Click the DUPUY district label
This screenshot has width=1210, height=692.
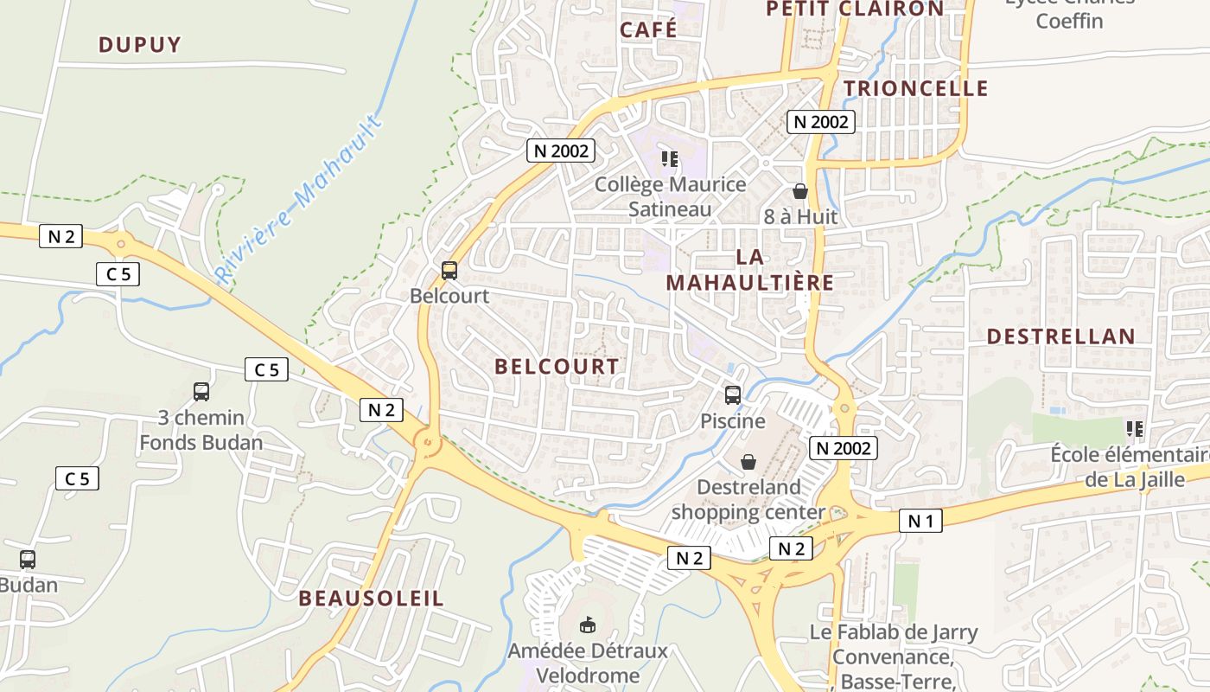[139, 45]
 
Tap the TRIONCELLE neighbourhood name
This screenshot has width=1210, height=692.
[915, 88]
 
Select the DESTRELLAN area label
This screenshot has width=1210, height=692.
[1060, 336]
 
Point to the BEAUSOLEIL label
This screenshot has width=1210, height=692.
[371, 599]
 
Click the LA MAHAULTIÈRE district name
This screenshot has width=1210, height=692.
[749, 270]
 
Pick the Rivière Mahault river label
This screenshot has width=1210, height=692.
[299, 200]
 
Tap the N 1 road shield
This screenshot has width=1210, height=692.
[920, 521]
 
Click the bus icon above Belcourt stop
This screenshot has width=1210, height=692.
[449, 270]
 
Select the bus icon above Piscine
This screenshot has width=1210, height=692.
[733, 395]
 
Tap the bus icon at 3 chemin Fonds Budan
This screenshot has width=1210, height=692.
[201, 392]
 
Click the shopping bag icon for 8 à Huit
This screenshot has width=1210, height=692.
[800, 191]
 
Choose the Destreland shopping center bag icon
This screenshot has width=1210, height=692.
[748, 462]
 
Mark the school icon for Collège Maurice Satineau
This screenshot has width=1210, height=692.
[670, 158]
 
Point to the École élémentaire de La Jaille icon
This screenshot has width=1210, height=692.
[1135, 428]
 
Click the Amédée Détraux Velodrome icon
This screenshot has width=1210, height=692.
[588, 624]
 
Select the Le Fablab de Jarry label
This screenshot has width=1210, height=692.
[894, 632]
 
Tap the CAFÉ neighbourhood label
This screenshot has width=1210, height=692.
[648, 29]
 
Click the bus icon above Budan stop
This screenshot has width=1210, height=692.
[28, 560]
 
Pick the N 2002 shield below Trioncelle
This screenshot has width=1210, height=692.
[821, 122]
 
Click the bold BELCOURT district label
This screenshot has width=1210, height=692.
[557, 367]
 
